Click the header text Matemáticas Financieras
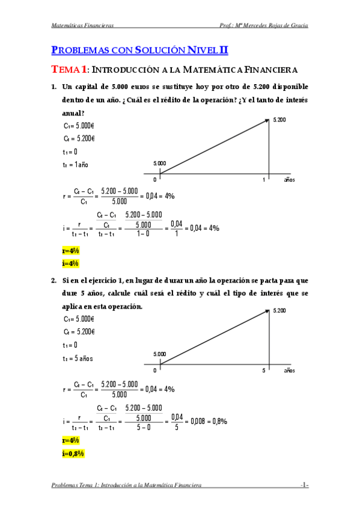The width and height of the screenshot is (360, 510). pyautogui.click(x=83, y=25)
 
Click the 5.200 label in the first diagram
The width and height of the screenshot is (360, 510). pyautogui.click(x=279, y=120)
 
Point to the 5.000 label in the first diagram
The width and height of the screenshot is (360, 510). pyautogui.click(x=160, y=163)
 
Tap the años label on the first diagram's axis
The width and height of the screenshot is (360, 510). pyautogui.click(x=290, y=180)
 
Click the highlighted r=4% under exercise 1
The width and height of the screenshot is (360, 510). pyautogui.click(x=71, y=251)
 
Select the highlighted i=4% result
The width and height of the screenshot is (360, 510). pyautogui.click(x=70, y=263)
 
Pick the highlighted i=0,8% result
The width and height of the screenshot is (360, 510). pyautogui.click(x=74, y=453)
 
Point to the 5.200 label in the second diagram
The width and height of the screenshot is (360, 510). pyautogui.click(x=279, y=311)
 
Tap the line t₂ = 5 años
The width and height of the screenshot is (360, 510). pyautogui.click(x=78, y=358)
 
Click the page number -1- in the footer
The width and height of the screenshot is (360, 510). pyautogui.click(x=305, y=485)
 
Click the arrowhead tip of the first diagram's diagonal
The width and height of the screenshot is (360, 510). pyautogui.click(x=268, y=119)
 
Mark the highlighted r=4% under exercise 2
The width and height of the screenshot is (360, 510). pyautogui.click(x=71, y=441)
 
